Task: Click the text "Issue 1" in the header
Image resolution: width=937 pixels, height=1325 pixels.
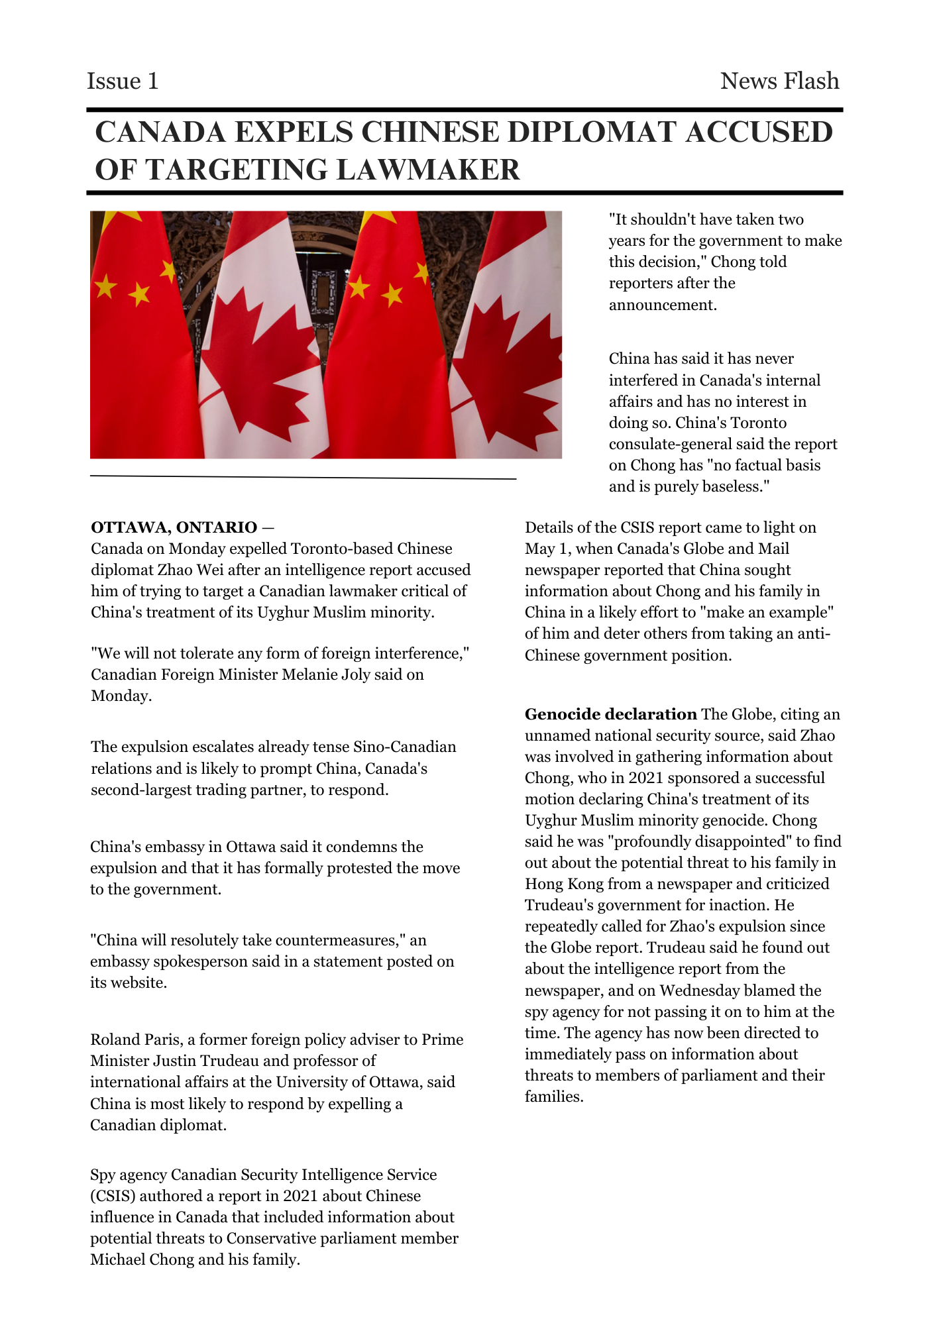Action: tap(123, 81)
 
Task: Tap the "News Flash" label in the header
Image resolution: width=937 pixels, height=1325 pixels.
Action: tap(779, 81)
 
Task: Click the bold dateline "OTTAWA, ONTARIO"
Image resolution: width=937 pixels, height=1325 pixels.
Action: tap(174, 527)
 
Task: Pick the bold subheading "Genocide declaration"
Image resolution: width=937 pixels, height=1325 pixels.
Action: tap(610, 714)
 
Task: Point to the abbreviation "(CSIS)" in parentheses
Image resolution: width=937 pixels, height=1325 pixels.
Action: tap(113, 1196)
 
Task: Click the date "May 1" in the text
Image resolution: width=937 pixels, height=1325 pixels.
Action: tap(547, 549)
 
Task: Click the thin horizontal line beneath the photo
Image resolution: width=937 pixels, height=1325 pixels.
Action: tap(303, 477)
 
